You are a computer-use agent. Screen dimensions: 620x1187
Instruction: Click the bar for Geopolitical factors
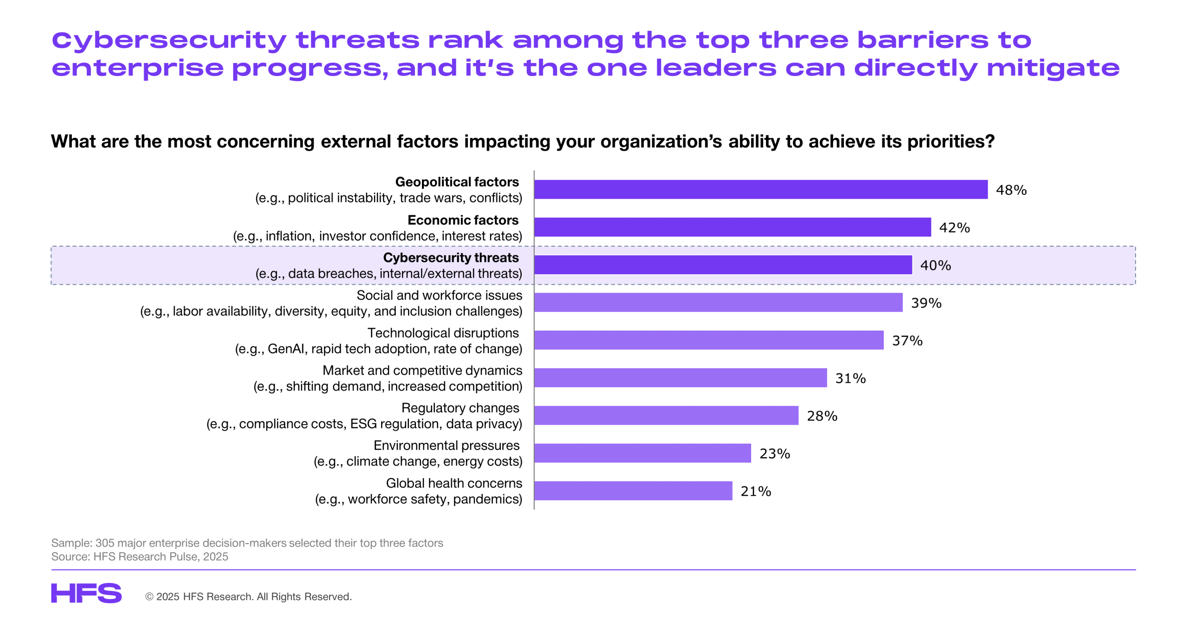[760, 189]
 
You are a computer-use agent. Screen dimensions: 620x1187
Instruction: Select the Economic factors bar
[732, 227]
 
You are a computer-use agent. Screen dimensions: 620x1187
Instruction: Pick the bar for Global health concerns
[633, 491]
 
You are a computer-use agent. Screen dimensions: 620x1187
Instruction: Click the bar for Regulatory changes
[666, 415]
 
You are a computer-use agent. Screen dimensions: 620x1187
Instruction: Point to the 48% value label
[1011, 190]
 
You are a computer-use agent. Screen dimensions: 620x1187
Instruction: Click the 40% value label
[935, 265]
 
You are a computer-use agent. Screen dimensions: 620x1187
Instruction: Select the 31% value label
[850, 378]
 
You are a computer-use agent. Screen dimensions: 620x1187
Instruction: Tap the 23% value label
[774, 454]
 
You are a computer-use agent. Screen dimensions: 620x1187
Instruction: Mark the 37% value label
[907, 341]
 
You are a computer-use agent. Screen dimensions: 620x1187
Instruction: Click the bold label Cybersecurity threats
[451, 257]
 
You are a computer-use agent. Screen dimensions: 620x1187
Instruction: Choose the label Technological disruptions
[443, 333]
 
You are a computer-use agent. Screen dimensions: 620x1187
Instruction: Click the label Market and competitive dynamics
[422, 371]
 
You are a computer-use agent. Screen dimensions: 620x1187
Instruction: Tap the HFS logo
[86, 593]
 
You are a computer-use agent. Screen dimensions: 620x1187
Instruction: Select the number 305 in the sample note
[104, 543]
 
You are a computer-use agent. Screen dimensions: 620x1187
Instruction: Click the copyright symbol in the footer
[149, 597]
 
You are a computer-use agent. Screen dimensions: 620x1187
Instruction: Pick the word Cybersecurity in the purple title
[169, 41]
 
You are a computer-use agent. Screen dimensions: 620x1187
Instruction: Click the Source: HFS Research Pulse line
[140, 556]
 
